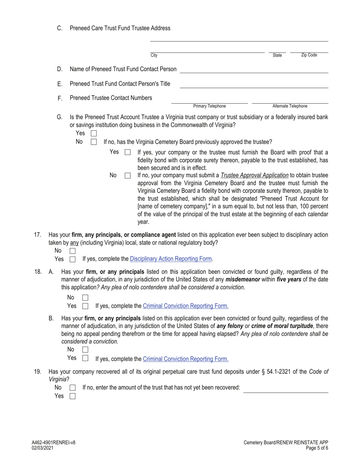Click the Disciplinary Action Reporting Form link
click(171, 259)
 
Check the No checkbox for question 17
click(73, 251)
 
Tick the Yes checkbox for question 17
click(73, 260)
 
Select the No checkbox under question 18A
click(85, 298)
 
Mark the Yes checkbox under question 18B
click(85, 358)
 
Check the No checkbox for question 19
click(73, 388)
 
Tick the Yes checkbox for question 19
click(73, 396)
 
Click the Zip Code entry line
click(309, 50)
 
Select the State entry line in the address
click(277, 50)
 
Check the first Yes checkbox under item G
click(94, 134)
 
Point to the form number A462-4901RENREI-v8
click(53, 443)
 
